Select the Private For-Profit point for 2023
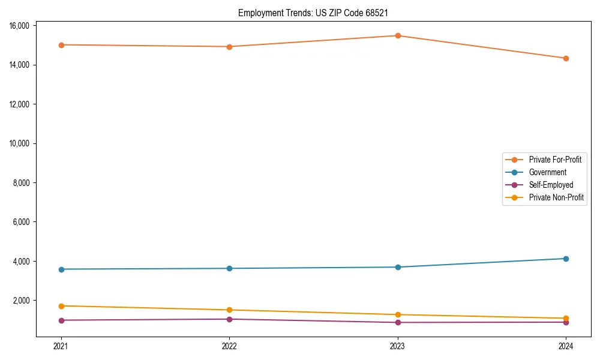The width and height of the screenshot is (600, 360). (398, 35)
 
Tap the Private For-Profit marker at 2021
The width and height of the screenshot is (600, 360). (61, 45)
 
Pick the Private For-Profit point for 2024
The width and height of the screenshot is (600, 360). (566, 58)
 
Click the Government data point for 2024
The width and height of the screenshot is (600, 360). (566, 259)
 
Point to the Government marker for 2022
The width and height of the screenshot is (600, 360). (229, 268)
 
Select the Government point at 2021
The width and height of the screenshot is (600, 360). (61, 269)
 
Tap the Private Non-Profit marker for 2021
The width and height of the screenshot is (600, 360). (61, 306)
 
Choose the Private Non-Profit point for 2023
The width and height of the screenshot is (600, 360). (398, 314)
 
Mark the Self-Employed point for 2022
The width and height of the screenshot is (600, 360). (229, 319)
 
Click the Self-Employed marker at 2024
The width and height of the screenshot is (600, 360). (566, 322)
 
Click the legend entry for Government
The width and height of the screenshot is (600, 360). (547, 172)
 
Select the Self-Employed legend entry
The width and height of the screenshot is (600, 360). (551, 185)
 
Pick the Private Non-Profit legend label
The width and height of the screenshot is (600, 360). (556, 197)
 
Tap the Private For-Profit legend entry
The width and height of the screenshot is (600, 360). (555, 160)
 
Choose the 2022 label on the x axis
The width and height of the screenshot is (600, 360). (229, 346)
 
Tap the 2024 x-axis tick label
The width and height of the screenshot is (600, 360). (566, 346)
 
